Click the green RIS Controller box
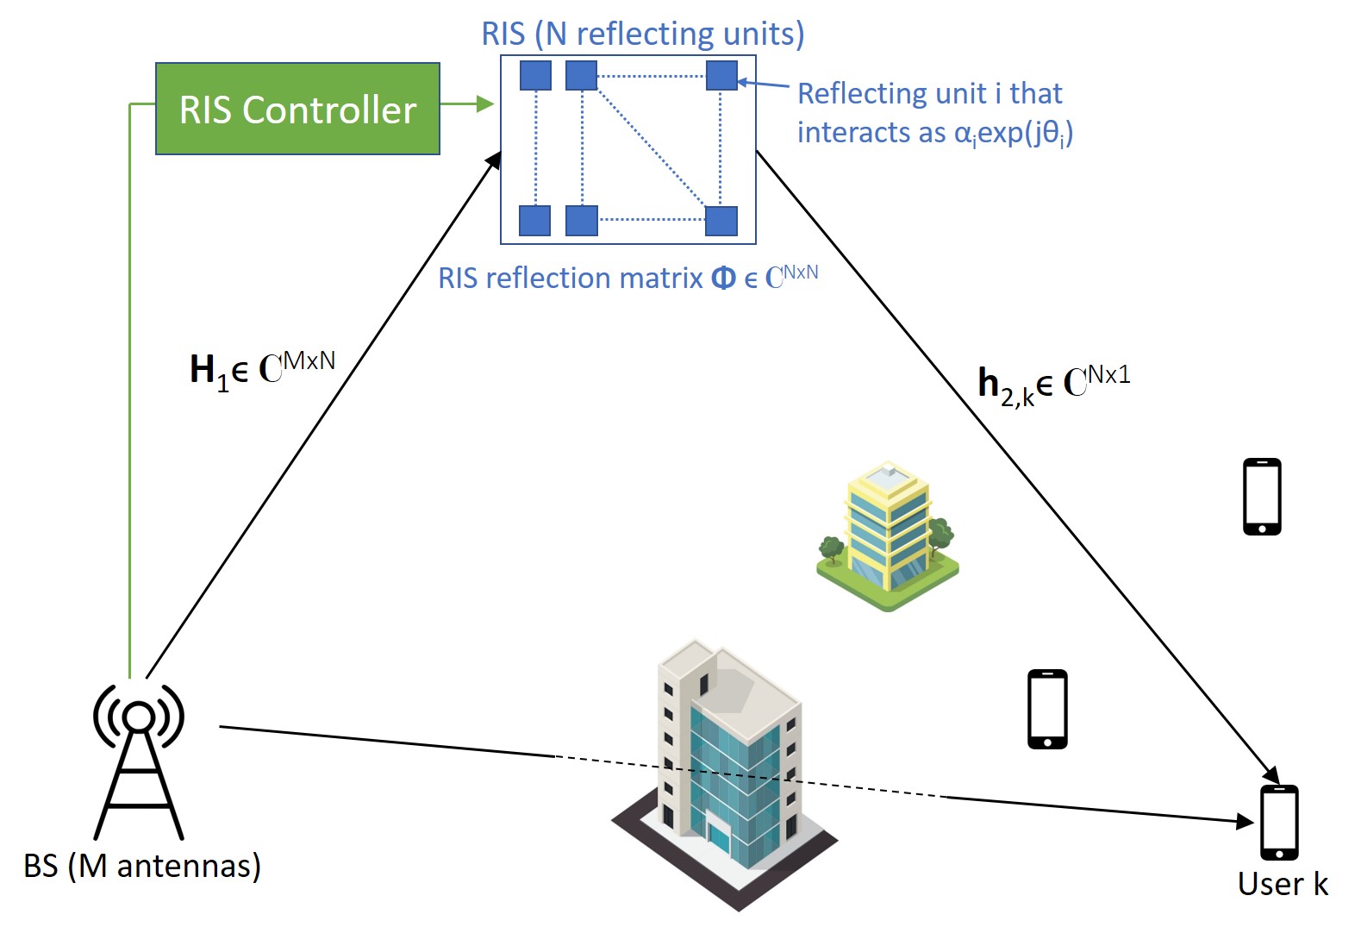point(297,109)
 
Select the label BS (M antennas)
point(142,867)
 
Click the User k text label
point(1283,885)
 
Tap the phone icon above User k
point(1279,823)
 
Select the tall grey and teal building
point(725,775)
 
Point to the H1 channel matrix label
point(263,370)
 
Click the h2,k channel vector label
point(1054,385)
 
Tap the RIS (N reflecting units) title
point(643,34)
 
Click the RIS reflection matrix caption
point(628,278)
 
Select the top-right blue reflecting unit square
point(721,75)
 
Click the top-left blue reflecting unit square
point(535,75)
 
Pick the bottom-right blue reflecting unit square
point(721,220)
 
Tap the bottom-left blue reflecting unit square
point(534,220)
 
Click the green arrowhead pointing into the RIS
point(485,104)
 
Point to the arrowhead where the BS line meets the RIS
point(494,160)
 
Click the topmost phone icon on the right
point(1262,497)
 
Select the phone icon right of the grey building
point(1047,710)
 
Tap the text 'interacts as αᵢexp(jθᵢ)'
point(935,133)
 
